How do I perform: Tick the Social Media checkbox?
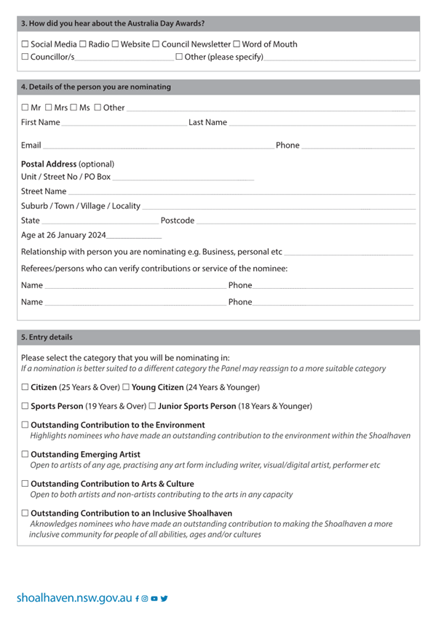(x=25, y=44)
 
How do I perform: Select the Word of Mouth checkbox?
(x=237, y=44)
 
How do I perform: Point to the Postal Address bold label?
(x=48, y=164)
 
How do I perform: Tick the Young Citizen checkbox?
(x=126, y=387)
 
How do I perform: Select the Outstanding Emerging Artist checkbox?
(x=25, y=454)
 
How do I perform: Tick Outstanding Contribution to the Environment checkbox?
(x=25, y=425)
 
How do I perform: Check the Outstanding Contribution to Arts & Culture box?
(x=25, y=484)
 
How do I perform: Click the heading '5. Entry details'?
(x=47, y=338)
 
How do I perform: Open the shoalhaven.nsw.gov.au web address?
(x=74, y=598)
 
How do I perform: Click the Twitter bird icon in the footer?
(x=165, y=598)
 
